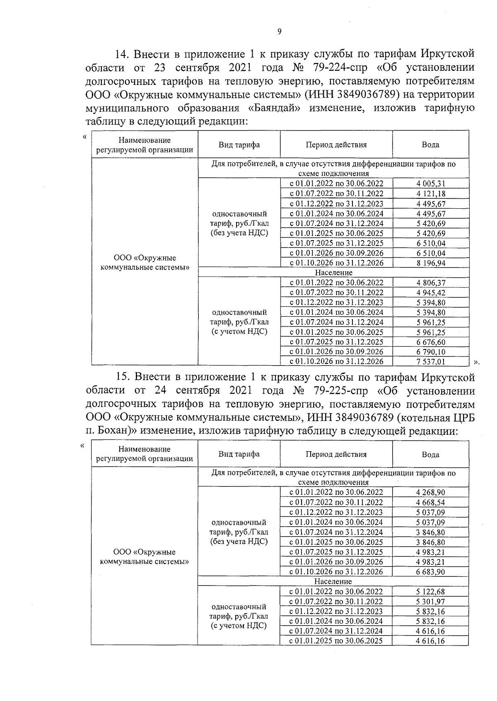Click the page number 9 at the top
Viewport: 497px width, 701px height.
[x=279, y=32]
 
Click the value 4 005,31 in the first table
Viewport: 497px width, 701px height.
[x=431, y=184]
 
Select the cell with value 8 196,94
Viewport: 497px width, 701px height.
[x=431, y=263]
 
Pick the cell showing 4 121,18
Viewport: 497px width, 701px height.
[x=431, y=194]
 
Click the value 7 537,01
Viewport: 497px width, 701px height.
[x=431, y=362]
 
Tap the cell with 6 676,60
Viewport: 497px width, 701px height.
[x=431, y=342]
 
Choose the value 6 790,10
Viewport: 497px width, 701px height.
[x=431, y=352]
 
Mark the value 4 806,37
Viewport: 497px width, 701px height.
[x=431, y=283]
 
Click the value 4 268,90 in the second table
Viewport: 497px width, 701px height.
[x=430, y=493]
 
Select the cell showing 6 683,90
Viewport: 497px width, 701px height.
[x=430, y=572]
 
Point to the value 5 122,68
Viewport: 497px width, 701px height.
[x=430, y=592]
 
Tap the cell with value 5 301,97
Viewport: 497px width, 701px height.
[x=430, y=602]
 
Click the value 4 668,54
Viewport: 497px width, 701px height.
[x=430, y=503]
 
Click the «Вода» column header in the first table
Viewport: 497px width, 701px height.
[x=430, y=145]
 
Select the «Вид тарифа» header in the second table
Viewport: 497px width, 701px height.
[x=239, y=454]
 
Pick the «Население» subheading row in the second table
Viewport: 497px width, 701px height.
[x=333, y=581]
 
